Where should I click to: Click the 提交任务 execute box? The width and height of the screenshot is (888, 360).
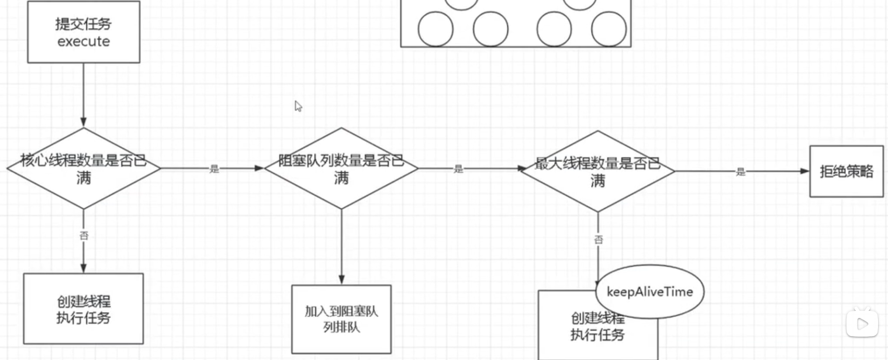(84, 32)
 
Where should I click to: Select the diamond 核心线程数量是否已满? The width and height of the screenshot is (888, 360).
(84, 169)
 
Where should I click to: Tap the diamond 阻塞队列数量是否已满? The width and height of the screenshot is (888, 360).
(341, 169)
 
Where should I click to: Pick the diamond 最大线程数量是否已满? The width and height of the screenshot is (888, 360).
(597, 171)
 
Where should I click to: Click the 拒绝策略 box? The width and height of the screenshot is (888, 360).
(846, 172)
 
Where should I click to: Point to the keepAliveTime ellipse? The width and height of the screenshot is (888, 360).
(649, 292)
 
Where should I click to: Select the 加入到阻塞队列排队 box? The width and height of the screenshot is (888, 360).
(341, 319)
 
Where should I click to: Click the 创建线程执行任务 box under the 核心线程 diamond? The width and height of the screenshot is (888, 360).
(83, 309)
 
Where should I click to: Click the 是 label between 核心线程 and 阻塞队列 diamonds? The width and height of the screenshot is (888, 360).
(214, 169)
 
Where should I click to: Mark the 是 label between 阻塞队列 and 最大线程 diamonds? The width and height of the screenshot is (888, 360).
(458, 169)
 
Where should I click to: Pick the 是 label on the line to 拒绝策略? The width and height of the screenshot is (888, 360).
(741, 172)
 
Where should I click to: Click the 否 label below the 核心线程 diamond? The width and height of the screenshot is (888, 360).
(84, 236)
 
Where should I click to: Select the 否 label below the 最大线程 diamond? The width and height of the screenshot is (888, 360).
(598, 240)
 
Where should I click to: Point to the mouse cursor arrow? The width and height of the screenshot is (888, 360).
(298, 106)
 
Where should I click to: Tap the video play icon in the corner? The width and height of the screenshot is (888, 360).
(862, 323)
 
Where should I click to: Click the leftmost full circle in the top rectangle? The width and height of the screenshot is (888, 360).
(436, 29)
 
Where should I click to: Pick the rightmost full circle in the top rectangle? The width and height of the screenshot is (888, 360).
(609, 29)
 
